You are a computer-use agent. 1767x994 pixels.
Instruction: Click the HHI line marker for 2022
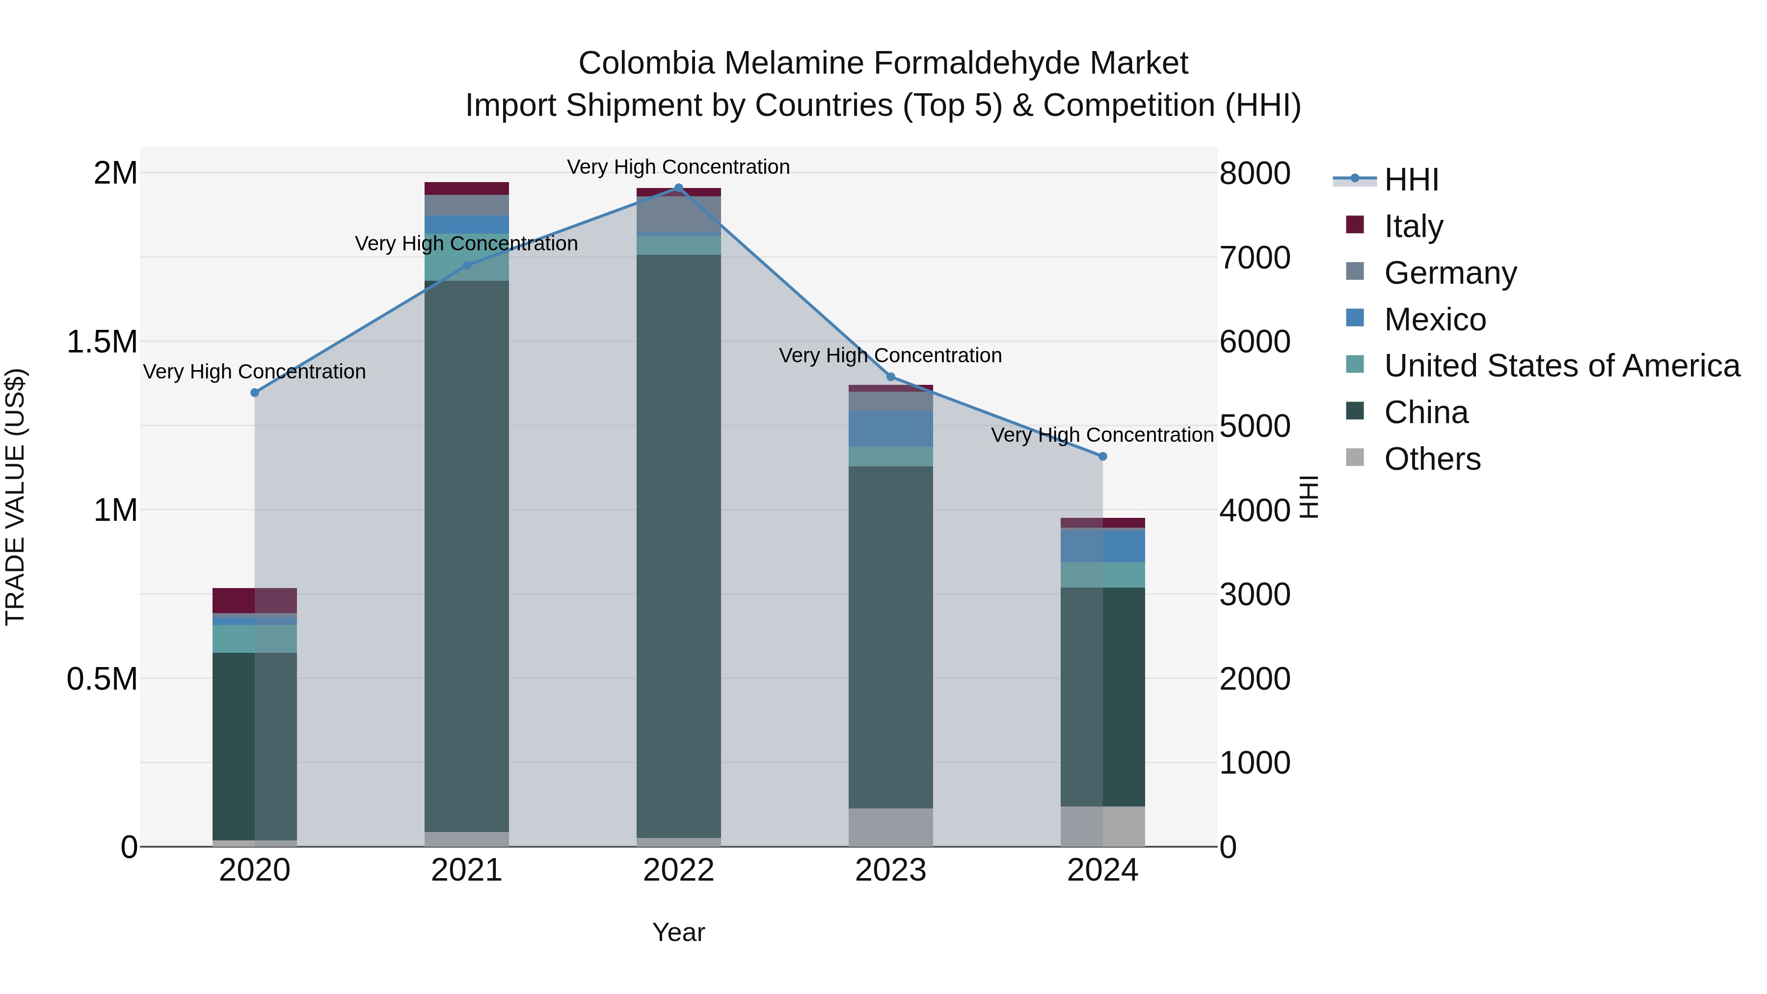[678, 188]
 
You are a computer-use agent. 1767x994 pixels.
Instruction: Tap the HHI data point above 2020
[254, 392]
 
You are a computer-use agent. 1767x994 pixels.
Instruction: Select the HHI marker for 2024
[1102, 456]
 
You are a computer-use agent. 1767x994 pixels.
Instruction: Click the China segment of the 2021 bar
[466, 556]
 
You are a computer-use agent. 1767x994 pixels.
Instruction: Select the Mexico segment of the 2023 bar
[890, 429]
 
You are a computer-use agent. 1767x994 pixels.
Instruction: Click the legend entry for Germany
[1450, 273]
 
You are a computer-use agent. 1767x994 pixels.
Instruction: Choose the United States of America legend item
[1561, 366]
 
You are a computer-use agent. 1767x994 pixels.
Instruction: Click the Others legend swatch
[1355, 457]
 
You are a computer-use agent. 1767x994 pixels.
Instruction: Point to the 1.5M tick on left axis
[102, 342]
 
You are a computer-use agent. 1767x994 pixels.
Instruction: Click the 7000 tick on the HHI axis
[1255, 258]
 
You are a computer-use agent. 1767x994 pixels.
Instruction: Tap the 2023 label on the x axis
[890, 870]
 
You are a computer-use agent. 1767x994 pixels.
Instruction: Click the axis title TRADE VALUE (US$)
[15, 497]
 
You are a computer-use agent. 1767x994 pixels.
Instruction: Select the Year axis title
[678, 932]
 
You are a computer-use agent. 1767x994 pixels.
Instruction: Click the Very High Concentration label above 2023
[890, 355]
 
